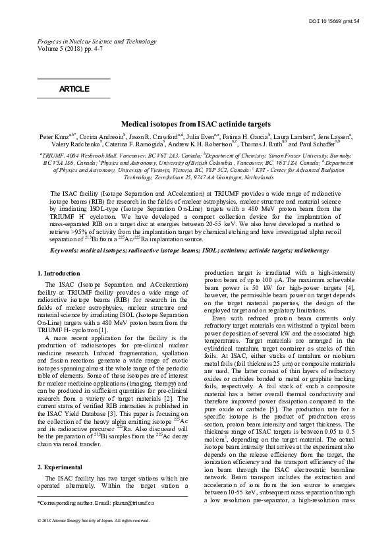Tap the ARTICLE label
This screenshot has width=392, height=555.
[74, 88]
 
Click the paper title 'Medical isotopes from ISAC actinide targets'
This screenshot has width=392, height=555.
[196, 123]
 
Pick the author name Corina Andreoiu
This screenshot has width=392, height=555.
[99, 135]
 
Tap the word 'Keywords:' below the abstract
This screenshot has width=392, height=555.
[65, 251]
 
